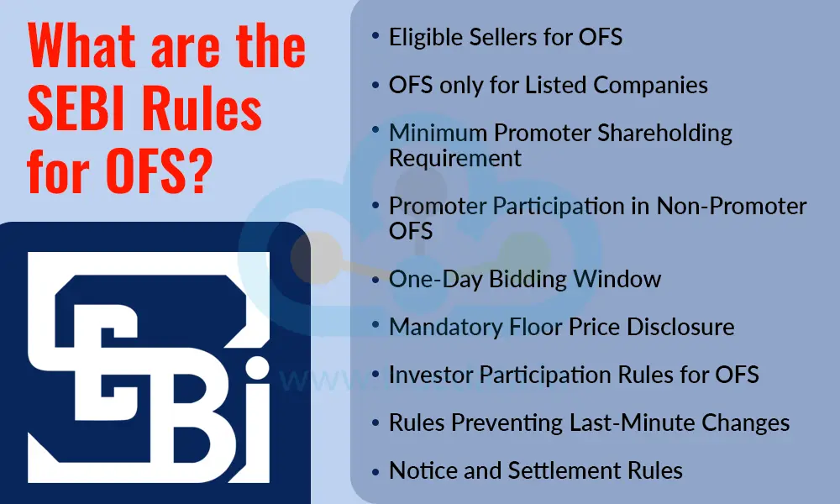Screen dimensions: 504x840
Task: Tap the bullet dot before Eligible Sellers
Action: [375, 38]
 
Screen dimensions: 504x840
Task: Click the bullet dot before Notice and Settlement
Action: [375, 470]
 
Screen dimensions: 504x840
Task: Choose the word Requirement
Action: [455, 157]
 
